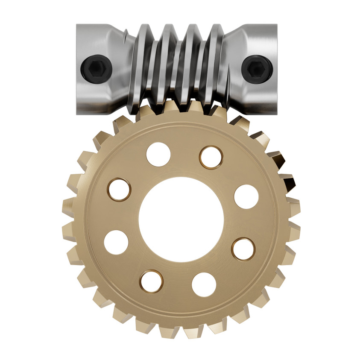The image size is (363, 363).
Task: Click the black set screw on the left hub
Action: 97,67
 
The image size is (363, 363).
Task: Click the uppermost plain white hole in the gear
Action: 158,154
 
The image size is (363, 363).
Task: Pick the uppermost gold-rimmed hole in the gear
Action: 211,157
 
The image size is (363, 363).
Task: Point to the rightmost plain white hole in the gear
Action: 246,196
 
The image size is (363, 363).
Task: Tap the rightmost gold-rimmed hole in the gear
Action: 243,249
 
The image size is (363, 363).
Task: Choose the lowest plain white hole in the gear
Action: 204,284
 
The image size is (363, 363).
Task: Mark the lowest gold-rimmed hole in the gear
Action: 151,281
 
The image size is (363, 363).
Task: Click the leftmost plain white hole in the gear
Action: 116,242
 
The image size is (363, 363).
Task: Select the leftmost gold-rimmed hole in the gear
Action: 119,189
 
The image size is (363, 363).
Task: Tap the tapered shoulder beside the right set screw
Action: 233,68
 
